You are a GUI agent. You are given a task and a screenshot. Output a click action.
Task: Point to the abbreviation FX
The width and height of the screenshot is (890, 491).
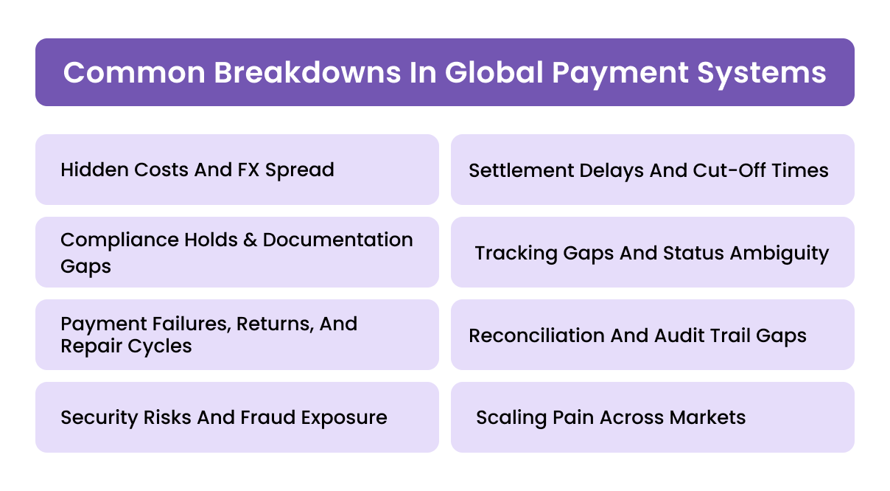click(248, 170)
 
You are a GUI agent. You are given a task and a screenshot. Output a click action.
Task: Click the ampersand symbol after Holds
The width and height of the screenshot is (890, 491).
click(249, 240)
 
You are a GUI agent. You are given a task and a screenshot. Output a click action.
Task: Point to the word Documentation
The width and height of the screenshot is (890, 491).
click(337, 240)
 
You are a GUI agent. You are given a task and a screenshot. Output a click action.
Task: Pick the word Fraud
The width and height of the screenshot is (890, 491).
click(264, 417)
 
